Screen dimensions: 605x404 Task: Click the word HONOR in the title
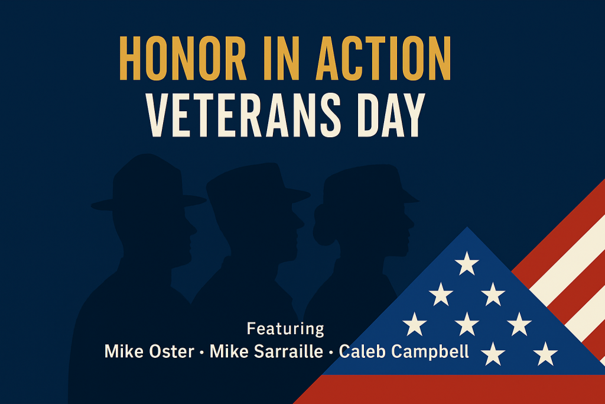click(x=183, y=59)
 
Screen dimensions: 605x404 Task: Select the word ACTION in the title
click(x=383, y=59)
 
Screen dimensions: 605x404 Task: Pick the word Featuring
click(x=285, y=329)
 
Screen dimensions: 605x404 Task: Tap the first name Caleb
click(x=362, y=351)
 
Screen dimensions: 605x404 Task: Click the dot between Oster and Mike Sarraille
click(x=202, y=353)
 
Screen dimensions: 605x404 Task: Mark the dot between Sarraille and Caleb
click(x=331, y=353)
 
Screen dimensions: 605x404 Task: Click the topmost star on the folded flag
click(x=467, y=263)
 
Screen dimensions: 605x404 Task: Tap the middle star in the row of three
click(x=467, y=324)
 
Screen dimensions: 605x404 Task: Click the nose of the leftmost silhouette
click(x=193, y=231)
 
